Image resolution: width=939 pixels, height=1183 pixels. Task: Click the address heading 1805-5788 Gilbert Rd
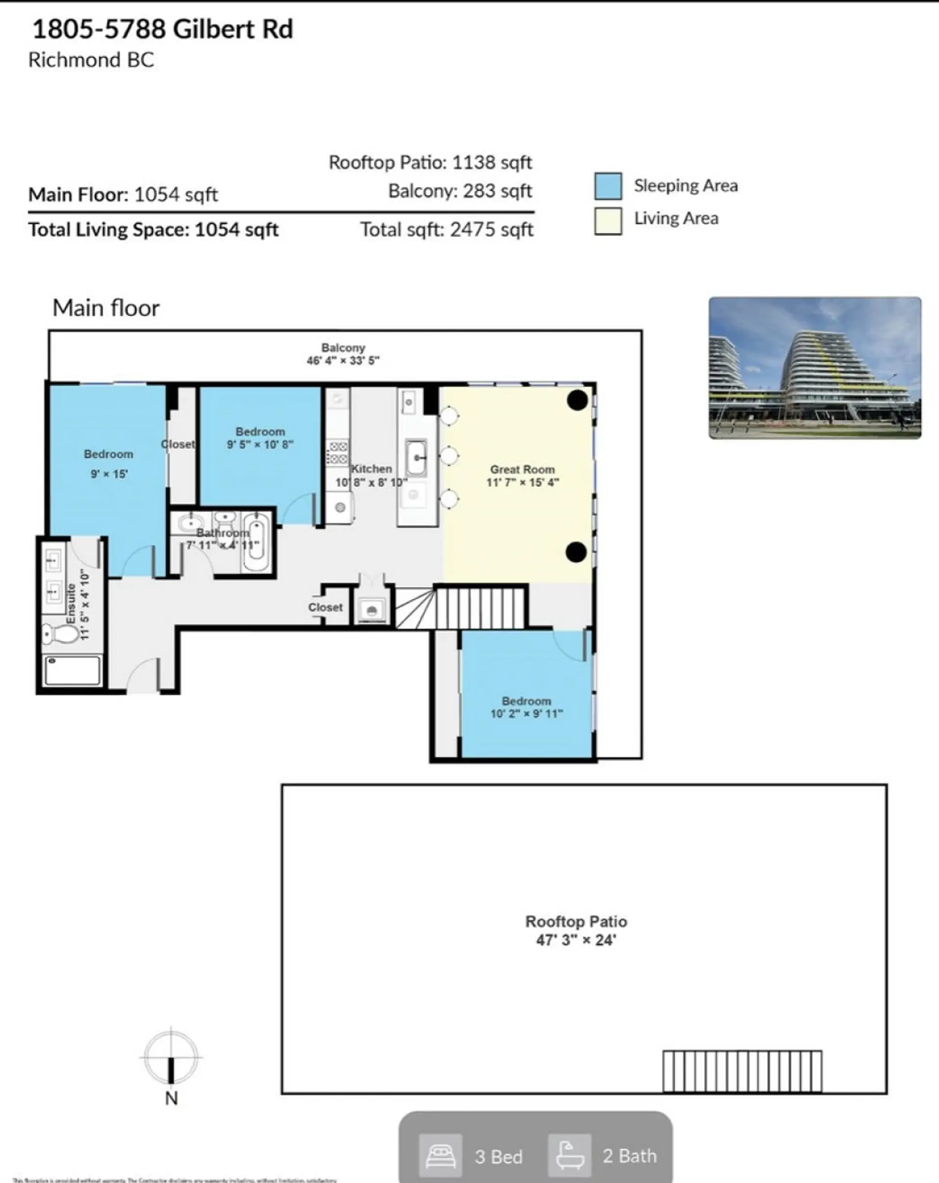[162, 29]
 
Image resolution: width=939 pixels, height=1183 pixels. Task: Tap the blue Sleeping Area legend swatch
[607, 186]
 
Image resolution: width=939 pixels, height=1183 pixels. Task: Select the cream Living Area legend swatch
[607, 220]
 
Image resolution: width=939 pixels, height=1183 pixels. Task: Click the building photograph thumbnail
[814, 368]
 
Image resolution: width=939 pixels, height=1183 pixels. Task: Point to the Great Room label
[522, 470]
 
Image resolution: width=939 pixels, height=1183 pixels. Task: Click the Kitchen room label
[372, 469]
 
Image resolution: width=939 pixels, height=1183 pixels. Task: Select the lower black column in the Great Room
[576, 552]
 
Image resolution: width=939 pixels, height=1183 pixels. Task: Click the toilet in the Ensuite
[62, 635]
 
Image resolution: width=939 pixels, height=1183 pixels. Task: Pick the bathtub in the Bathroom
[256, 543]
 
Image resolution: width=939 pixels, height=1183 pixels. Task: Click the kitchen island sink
[417, 457]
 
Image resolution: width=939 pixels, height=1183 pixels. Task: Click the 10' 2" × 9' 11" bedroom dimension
[526, 713]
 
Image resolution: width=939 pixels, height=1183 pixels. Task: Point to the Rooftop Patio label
[576, 921]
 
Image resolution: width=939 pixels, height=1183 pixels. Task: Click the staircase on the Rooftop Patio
[742, 1072]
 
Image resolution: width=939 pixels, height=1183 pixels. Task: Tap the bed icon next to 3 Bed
[440, 1157]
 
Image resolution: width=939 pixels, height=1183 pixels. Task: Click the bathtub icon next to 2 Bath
[569, 1157]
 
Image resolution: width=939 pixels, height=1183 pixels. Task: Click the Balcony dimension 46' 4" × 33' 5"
[342, 360]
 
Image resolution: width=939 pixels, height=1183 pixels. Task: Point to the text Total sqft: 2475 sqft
[446, 229]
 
